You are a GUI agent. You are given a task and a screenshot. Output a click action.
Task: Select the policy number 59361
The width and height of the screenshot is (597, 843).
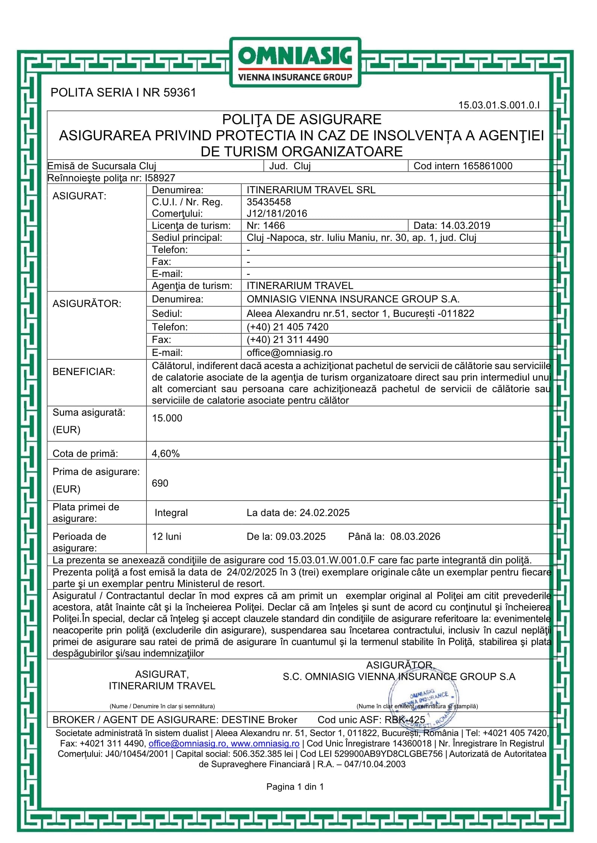pyautogui.click(x=180, y=92)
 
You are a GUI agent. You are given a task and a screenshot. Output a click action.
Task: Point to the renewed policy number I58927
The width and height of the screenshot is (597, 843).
pyautogui.click(x=160, y=178)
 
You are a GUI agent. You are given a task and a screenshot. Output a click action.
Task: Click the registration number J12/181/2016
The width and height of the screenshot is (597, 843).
pyautogui.click(x=277, y=213)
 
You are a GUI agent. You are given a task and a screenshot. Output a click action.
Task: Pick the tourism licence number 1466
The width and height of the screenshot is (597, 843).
pyautogui.click(x=275, y=225)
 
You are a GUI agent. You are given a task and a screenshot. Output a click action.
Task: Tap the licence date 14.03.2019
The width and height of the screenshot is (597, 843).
pyautogui.click(x=465, y=225)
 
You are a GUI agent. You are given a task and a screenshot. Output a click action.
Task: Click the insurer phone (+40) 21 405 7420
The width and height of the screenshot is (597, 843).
pyautogui.click(x=287, y=327)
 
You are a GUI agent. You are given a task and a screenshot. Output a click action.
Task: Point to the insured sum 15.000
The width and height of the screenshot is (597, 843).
pyautogui.click(x=167, y=418)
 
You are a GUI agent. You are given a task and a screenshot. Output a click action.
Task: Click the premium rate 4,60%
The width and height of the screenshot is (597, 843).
pyautogui.click(x=165, y=453)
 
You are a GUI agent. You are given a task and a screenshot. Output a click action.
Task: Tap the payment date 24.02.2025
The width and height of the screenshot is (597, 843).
pyautogui.click(x=324, y=513)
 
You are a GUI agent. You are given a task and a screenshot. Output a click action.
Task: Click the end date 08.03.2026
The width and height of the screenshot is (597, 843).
pyautogui.click(x=415, y=536)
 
